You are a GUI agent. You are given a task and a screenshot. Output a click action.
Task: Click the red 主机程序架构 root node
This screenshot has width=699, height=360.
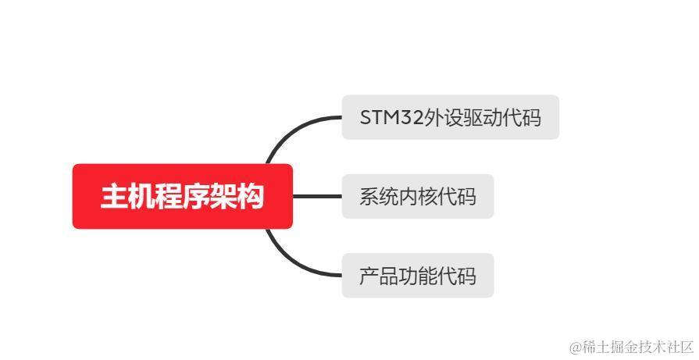182,196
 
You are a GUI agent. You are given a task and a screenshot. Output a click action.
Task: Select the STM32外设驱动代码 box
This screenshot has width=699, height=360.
450,117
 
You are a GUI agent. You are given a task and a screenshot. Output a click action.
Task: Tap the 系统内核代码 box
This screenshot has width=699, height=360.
417,196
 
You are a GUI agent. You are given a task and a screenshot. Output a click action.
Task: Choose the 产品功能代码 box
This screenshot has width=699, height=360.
417,275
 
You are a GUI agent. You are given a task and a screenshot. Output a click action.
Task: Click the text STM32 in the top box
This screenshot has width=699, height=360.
391,118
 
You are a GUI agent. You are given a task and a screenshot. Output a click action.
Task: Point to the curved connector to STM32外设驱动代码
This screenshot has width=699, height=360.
290,130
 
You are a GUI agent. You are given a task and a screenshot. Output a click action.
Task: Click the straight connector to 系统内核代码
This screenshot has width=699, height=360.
316,196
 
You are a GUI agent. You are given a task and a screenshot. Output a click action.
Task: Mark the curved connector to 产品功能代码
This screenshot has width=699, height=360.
290,261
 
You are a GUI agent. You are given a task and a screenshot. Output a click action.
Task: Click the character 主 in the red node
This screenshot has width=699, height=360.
114,197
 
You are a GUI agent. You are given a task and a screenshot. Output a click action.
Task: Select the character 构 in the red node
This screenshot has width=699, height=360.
250,197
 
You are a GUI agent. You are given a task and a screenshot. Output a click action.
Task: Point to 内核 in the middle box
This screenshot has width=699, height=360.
417,197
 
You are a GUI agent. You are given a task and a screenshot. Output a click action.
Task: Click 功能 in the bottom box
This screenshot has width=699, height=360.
417,276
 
